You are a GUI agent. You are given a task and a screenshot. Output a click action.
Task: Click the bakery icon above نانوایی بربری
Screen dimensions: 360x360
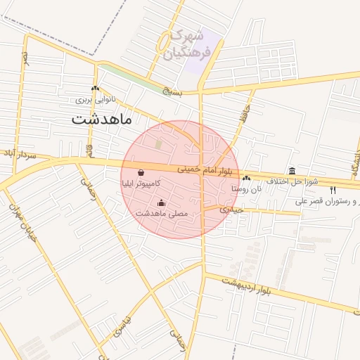pyautogui.click(x=95, y=88)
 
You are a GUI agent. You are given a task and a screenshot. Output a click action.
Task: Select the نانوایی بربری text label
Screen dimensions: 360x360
pyautogui.click(x=95, y=99)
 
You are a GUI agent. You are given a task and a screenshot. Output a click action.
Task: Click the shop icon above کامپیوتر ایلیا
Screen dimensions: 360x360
pyautogui.click(x=141, y=172)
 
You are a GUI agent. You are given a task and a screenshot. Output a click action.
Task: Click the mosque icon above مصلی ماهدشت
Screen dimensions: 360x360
pyautogui.click(x=161, y=202)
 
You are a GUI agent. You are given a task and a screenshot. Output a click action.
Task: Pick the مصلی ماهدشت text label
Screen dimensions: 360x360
pyautogui.click(x=161, y=213)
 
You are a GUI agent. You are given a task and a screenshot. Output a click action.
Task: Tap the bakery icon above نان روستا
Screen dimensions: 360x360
pyautogui.click(x=246, y=178)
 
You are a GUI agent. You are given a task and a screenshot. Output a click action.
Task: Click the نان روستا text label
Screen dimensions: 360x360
pyautogui.click(x=247, y=188)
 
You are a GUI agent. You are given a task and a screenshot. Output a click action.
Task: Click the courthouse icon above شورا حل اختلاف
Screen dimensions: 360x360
pyautogui.click(x=292, y=170)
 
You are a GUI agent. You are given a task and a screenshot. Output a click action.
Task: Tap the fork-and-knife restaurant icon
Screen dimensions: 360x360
pyautogui.click(x=333, y=190)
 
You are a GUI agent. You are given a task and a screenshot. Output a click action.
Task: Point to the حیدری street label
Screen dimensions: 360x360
pyautogui.click(x=230, y=210)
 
